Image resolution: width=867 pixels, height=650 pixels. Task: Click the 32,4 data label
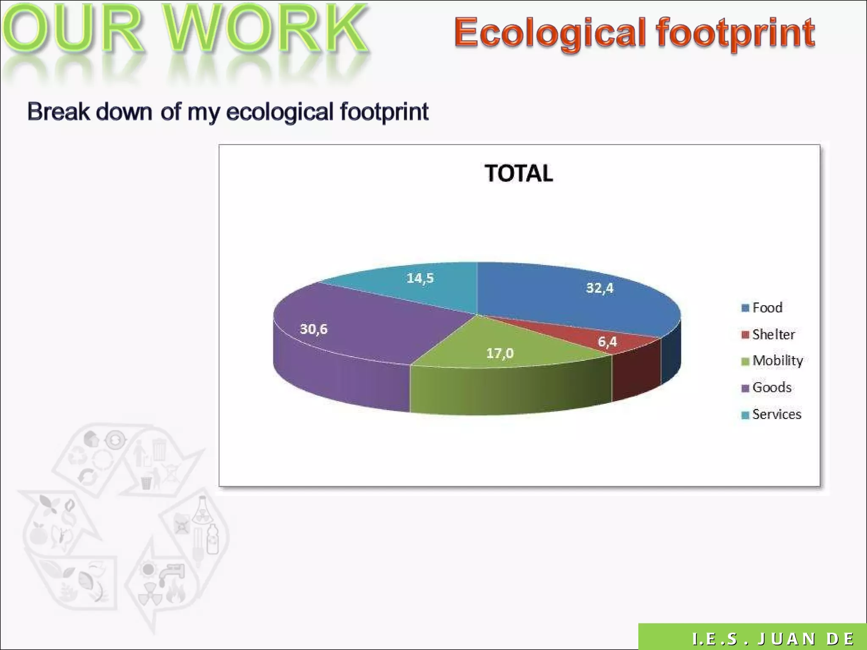pos(599,288)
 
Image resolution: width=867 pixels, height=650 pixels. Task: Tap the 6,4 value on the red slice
pos(607,342)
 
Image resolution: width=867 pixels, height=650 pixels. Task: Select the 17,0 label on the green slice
pos(500,353)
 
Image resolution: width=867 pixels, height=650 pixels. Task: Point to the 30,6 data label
pos(314,329)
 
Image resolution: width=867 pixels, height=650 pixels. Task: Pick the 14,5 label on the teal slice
pos(420,278)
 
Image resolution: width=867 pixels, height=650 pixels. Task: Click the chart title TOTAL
pos(519,174)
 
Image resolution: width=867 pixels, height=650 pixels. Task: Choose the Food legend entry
pos(767,308)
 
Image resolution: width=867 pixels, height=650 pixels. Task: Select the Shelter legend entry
pos(773,335)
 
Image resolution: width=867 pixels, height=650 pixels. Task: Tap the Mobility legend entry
pos(777,361)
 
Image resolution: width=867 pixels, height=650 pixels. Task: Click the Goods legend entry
pos(772,387)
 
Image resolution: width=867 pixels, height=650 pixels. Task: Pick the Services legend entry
pos(776,414)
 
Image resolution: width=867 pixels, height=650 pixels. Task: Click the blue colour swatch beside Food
pos(745,308)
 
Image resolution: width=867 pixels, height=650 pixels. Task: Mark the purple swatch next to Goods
pos(745,388)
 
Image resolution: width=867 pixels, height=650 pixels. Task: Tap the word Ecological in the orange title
pos(549,33)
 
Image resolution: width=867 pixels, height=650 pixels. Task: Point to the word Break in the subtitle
pos(58,112)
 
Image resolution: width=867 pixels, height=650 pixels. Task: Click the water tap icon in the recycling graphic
pos(173,572)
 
